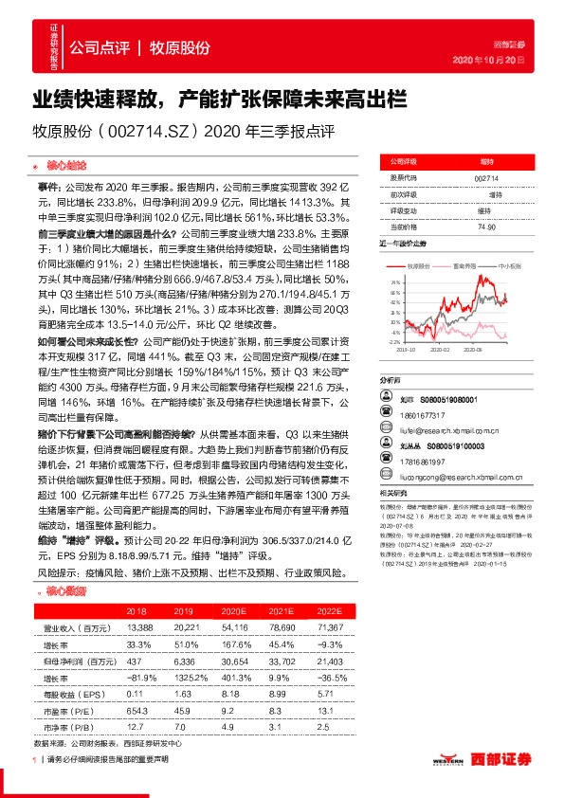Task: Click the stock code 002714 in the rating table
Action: [x=484, y=177]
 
